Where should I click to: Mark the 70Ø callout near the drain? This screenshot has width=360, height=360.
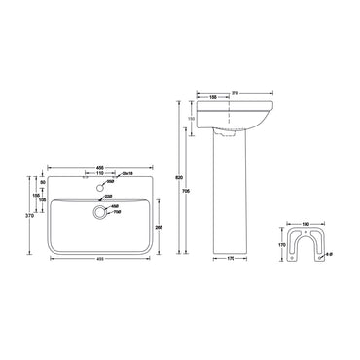click(116, 212)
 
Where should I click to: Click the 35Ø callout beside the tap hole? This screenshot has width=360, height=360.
click(113, 181)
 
